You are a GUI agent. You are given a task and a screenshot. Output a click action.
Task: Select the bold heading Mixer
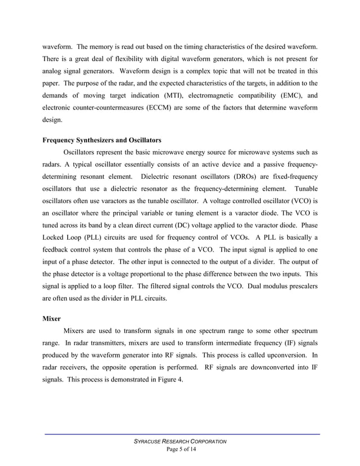[x=52, y=318]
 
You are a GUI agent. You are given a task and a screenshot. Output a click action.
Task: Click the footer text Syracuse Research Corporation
[x=179, y=441]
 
